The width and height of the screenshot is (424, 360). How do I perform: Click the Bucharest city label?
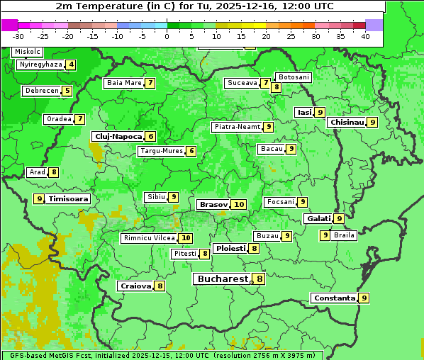pyautogui.click(x=223, y=279)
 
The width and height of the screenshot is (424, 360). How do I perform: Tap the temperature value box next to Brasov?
pyautogui.click(x=239, y=204)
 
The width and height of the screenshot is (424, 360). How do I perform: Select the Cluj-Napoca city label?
pyautogui.click(x=118, y=136)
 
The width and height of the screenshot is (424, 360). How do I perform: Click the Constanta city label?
pyautogui.click(x=334, y=298)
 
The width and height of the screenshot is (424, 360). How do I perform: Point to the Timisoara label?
pyautogui.click(x=68, y=199)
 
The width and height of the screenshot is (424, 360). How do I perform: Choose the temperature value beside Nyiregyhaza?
pyautogui.click(x=71, y=64)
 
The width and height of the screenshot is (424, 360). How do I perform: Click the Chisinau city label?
pyautogui.click(x=347, y=122)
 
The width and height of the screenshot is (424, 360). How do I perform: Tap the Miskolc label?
pyautogui.click(x=28, y=52)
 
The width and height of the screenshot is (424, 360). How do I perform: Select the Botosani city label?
pyautogui.click(x=293, y=77)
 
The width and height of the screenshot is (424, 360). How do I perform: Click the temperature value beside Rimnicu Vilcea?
pyautogui.click(x=186, y=238)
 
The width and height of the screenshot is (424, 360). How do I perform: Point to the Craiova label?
pyautogui.click(x=135, y=286)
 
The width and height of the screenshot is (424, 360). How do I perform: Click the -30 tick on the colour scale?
pyautogui.click(x=18, y=36)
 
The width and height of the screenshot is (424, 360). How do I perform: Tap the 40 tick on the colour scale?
pyautogui.click(x=365, y=36)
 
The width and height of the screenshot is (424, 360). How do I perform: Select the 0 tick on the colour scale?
pyautogui.click(x=167, y=36)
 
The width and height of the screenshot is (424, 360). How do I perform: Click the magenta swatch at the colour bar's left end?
pyautogui.click(x=9, y=25)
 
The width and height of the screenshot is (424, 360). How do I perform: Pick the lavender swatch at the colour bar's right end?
pyautogui.click(x=374, y=25)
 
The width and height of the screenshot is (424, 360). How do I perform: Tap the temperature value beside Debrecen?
pyautogui.click(x=67, y=91)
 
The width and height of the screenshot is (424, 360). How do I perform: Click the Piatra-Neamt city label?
pyautogui.click(x=237, y=127)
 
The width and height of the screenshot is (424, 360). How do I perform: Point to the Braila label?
pyautogui.click(x=344, y=235)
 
